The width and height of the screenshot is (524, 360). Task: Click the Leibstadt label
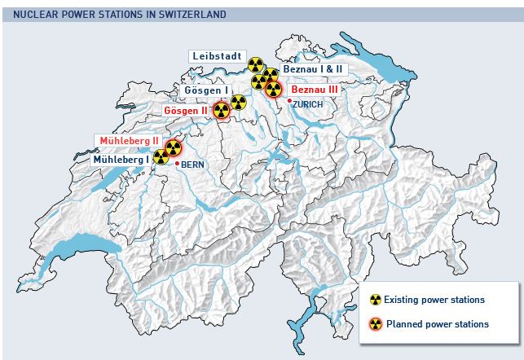217,55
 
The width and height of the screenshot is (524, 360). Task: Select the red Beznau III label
314,89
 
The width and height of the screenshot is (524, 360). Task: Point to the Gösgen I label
207,90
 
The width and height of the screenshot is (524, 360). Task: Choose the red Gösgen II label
186,109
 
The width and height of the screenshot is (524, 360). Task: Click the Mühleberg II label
129,141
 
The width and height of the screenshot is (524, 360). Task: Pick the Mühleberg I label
121,160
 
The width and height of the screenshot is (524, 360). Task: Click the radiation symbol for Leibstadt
256,64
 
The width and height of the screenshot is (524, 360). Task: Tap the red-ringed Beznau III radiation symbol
274,89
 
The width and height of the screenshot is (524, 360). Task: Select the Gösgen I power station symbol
238,103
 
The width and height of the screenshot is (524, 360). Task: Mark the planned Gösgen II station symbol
221,110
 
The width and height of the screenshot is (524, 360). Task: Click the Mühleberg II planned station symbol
173,147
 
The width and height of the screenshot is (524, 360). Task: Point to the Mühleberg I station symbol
161,157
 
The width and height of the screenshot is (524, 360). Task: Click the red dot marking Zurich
290,101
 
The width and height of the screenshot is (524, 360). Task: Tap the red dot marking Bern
177,164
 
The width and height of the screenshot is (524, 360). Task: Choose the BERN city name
192,165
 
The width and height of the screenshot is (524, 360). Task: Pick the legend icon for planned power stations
376,323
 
